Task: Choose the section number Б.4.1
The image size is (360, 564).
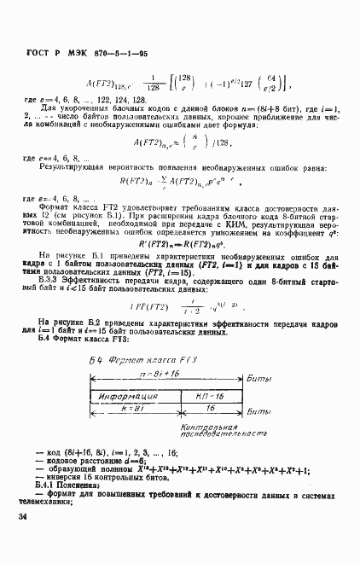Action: click(53, 485)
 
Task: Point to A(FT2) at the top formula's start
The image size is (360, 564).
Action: click(106, 84)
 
